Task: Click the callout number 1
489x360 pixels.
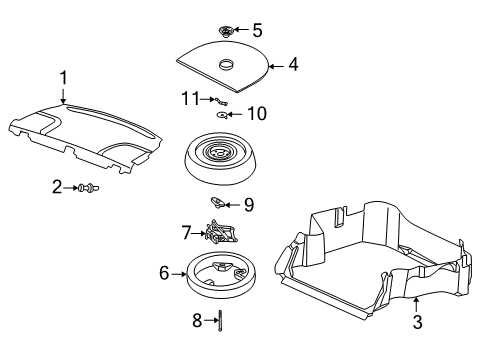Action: coord(63,77)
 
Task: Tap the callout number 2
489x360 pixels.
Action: coord(58,186)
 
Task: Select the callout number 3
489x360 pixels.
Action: coord(418,322)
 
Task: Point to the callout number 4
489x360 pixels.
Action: coord(293,66)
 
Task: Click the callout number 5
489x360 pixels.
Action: coord(257,29)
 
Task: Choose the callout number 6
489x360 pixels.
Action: coord(165,272)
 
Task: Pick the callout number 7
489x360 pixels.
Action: coord(186,232)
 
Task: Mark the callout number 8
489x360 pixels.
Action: coord(198,320)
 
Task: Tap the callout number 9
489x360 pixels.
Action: coord(249,205)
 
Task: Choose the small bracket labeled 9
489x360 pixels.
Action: coord(219,203)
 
